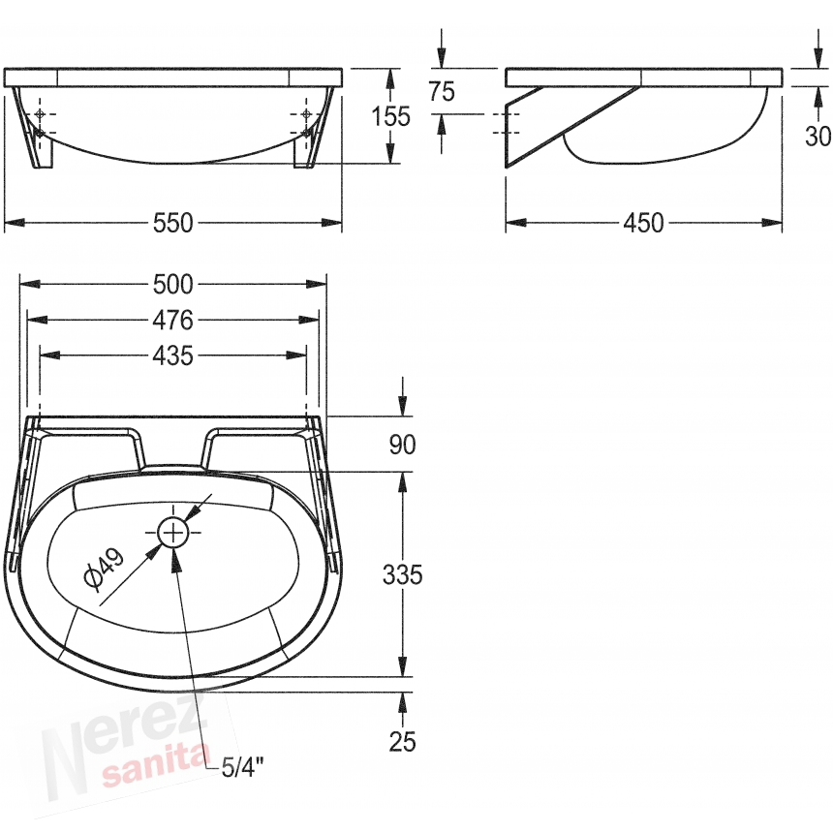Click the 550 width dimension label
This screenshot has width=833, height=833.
pyautogui.click(x=172, y=223)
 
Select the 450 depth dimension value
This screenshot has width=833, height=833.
pyautogui.click(x=643, y=223)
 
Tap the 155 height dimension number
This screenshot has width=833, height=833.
pyautogui.click(x=390, y=116)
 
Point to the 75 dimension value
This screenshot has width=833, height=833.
pyautogui.click(x=442, y=91)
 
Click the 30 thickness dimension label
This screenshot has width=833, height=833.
pyautogui.click(x=818, y=137)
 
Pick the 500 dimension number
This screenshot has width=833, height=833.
pyautogui.click(x=172, y=285)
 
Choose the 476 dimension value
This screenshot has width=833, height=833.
pyautogui.click(x=172, y=321)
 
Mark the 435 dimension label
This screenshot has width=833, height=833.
pyautogui.click(x=172, y=355)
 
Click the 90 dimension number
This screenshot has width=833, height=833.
pyautogui.click(x=402, y=445)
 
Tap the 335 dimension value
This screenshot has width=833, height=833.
pyautogui.click(x=402, y=574)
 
